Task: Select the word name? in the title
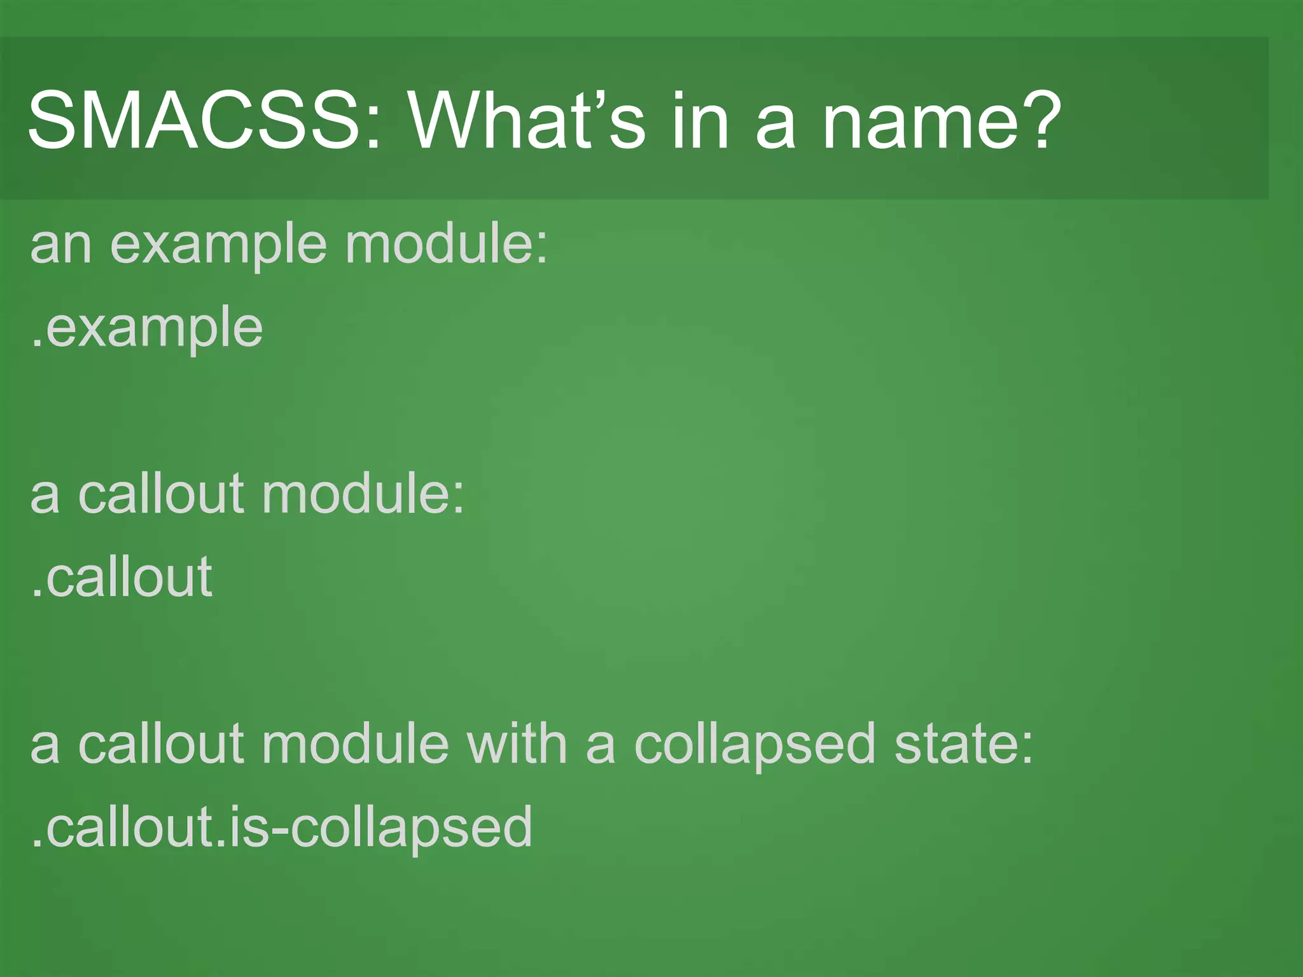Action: point(942,121)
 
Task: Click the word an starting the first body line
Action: point(61,246)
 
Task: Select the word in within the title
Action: point(700,121)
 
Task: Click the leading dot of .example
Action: point(37,343)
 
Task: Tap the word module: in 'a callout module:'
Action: point(363,494)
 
